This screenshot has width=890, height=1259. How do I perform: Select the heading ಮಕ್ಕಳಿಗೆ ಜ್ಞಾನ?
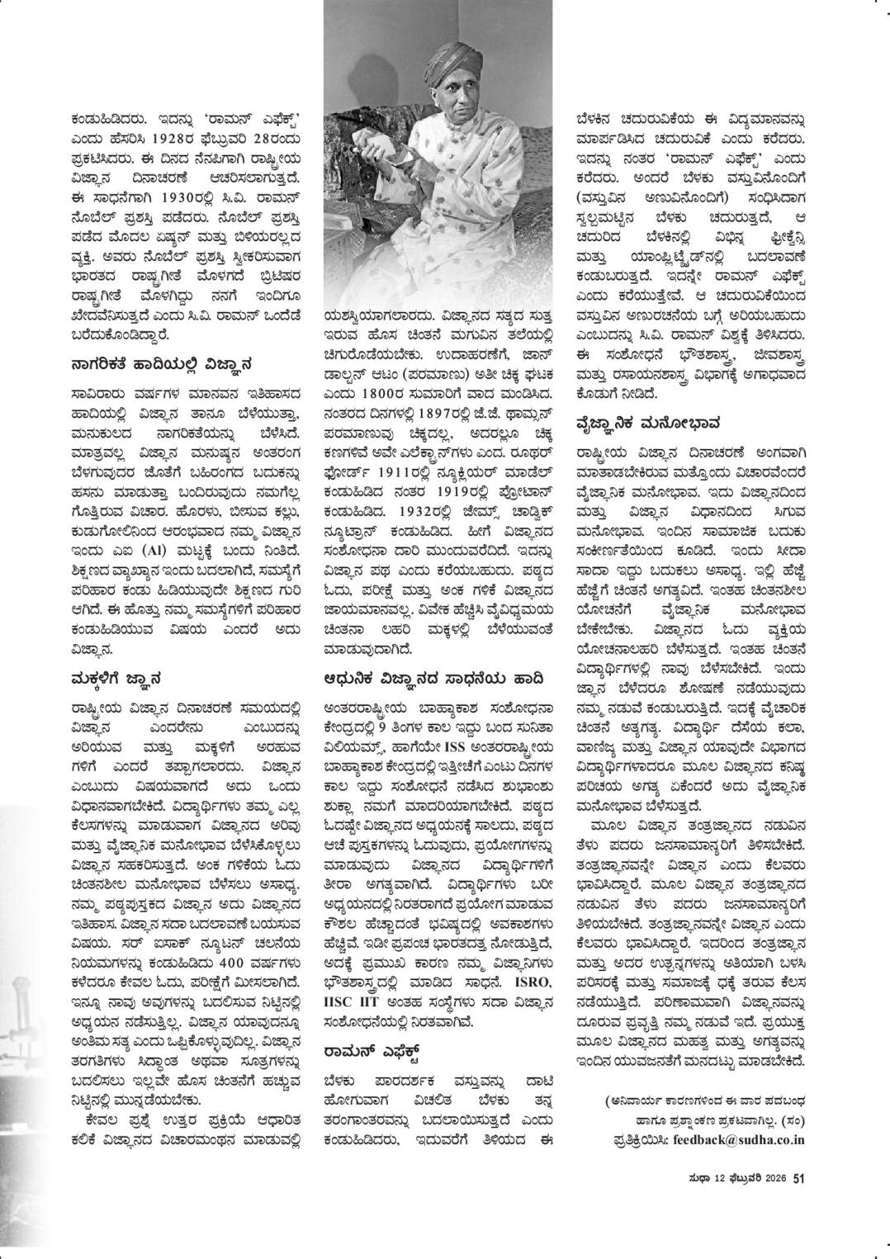(116, 679)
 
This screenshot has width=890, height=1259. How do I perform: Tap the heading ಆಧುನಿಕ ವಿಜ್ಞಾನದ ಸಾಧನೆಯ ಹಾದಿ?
(433, 679)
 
